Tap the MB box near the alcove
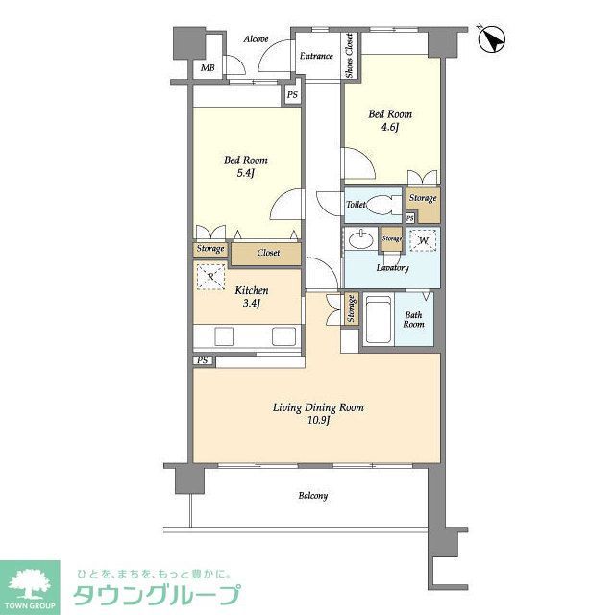pyautogui.click(x=208, y=68)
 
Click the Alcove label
pyautogui.click(x=255, y=39)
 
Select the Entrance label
pyautogui.click(x=316, y=57)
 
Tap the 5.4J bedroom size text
pyautogui.click(x=245, y=173)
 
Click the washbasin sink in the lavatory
pyautogui.click(x=364, y=240)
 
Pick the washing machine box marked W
pyautogui.click(x=425, y=241)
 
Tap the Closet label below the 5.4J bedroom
pyautogui.click(x=268, y=252)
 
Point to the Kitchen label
pyautogui.click(x=252, y=290)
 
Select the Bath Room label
pyautogui.click(x=414, y=320)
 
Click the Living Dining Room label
pyautogui.click(x=318, y=407)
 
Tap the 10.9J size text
pyautogui.click(x=318, y=421)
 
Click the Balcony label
pyautogui.click(x=312, y=496)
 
